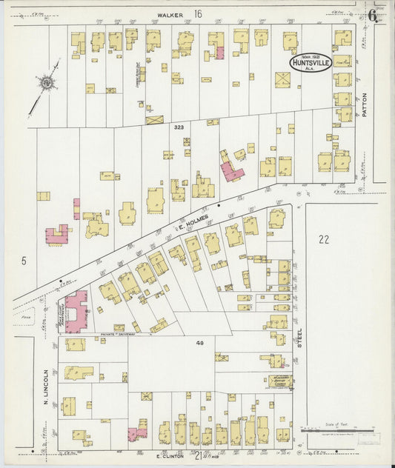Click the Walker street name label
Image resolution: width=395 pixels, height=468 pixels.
[170, 13]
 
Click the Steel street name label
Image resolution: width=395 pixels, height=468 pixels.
[300, 338]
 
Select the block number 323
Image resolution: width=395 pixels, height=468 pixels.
[178, 127]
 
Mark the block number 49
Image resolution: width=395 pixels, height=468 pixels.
[199, 343]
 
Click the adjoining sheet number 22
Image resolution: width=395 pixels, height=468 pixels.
[322, 238]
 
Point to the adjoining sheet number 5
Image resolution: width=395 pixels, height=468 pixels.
[24, 261]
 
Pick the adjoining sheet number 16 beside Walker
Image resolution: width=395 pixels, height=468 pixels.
[198, 13]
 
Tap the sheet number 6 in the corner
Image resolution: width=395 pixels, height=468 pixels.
[372, 13]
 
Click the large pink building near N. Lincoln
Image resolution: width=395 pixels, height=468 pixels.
[76, 310]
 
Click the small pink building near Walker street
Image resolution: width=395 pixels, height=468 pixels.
[219, 53]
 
